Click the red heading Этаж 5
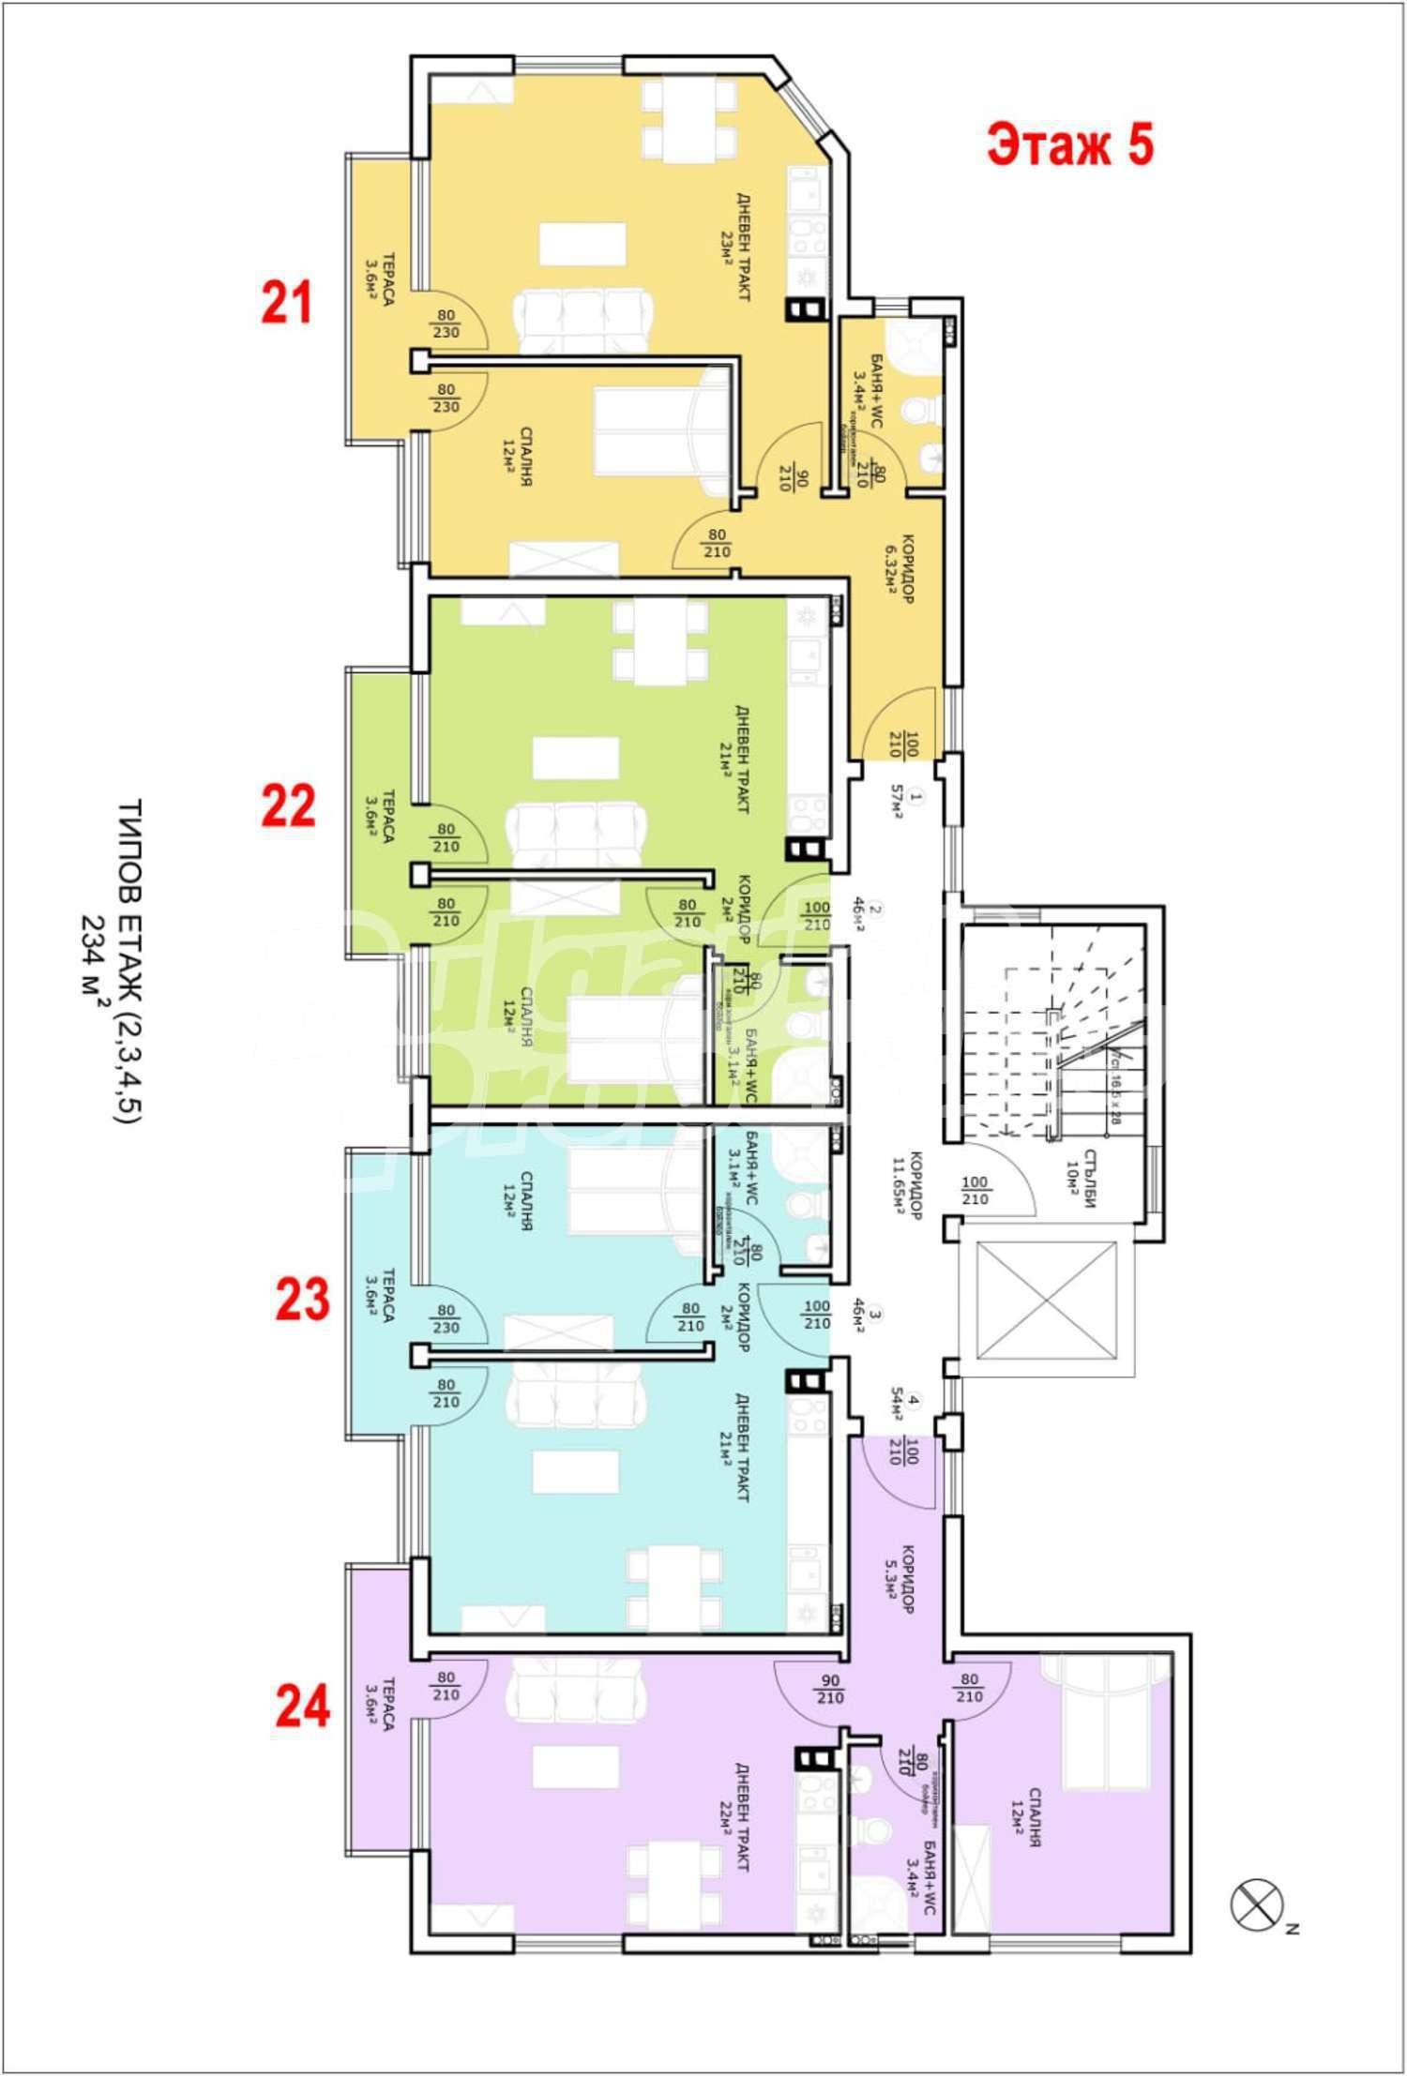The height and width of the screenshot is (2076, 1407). click(1069, 145)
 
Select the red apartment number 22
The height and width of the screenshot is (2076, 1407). click(288, 805)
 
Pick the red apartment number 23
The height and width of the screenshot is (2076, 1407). click(302, 1300)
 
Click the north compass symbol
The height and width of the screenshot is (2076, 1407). click(1256, 1905)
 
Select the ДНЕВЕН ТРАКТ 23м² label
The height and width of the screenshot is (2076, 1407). click(734, 247)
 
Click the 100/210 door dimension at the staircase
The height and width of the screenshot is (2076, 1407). click(976, 1192)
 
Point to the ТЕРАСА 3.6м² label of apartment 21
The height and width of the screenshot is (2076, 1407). click(379, 279)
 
